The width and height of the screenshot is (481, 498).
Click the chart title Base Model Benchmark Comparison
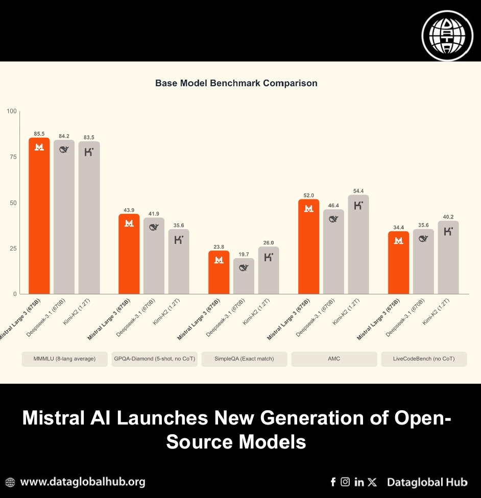pyautogui.click(x=236, y=83)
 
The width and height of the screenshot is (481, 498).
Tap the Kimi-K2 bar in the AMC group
pyautogui.click(x=358, y=244)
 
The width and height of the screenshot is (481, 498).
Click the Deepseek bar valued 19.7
pyautogui.click(x=244, y=276)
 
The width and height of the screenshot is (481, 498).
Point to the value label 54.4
pyautogui.click(x=358, y=191)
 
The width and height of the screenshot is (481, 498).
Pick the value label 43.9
pyautogui.click(x=129, y=210)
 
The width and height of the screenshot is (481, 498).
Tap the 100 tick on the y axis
pyautogui.click(x=11, y=111)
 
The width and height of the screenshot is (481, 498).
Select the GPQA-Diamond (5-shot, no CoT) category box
pyautogui.click(x=154, y=359)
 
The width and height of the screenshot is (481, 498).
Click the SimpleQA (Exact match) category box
pyautogui.click(x=244, y=359)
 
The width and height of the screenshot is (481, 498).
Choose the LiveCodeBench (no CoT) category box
pyautogui.click(x=424, y=359)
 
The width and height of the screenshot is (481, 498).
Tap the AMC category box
pyautogui.click(x=334, y=359)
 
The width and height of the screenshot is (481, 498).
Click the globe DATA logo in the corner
pyautogui.click(x=447, y=35)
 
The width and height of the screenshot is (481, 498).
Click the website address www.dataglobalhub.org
pyautogui.click(x=82, y=482)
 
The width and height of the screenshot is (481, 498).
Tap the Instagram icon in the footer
pyautogui.click(x=346, y=482)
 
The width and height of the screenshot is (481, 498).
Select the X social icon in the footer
pyautogui.click(x=372, y=482)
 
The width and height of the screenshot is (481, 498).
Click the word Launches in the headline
pyautogui.click(x=161, y=418)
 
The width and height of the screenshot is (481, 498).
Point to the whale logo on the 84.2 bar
pyautogui.click(x=64, y=150)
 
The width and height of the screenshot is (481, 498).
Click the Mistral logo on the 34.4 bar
pyautogui.click(x=399, y=240)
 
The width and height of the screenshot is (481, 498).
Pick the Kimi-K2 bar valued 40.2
pyautogui.click(x=448, y=257)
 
